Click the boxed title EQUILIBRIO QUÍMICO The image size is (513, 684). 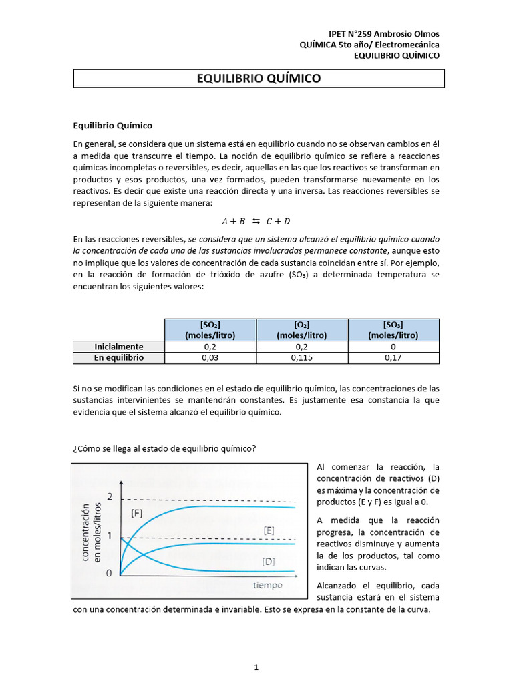[x=259, y=79]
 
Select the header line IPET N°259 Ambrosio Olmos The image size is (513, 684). [x=385, y=34]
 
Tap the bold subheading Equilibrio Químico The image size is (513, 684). [x=112, y=125]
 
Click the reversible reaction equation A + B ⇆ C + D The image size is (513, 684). [x=256, y=221]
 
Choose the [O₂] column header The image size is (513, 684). [x=301, y=329]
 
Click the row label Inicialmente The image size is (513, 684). [x=118, y=347]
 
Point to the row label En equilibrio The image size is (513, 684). [x=118, y=357]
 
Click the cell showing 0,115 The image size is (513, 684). [x=301, y=357]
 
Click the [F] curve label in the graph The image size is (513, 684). [x=137, y=513]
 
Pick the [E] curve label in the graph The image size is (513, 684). [x=269, y=530]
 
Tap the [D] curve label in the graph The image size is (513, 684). [x=269, y=562]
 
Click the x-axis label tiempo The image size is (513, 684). [x=267, y=585]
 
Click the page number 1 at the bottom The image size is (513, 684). [x=256, y=667]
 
